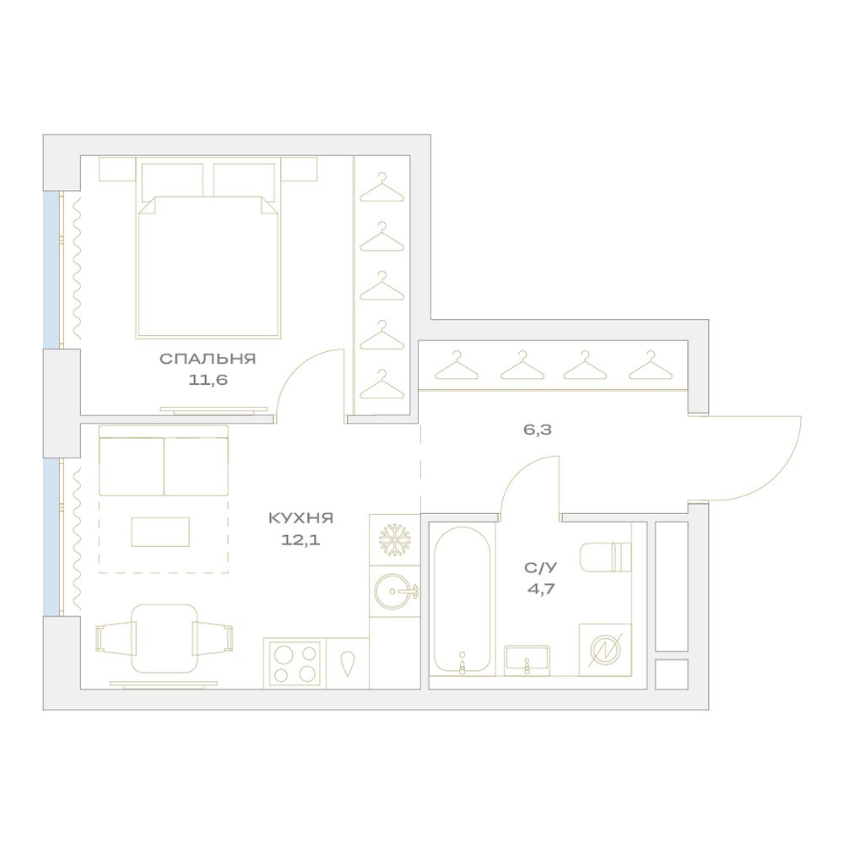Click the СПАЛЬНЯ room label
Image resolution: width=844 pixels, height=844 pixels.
tap(208, 359)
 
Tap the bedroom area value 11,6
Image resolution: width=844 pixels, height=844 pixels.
tap(208, 380)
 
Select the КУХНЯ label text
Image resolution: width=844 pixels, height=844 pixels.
tap(301, 518)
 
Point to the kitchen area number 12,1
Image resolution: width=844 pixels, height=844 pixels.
tap(300, 539)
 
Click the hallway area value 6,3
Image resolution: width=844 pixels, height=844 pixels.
tap(537, 430)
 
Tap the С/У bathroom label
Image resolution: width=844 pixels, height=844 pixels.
tap(540, 567)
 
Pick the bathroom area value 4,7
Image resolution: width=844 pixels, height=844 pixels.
tap(540, 587)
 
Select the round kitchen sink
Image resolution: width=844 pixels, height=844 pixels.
tap(394, 592)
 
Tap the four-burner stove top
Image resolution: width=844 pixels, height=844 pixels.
tap(295, 663)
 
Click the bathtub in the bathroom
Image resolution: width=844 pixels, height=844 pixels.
tap(462, 599)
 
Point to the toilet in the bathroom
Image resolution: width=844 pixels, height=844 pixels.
tap(605, 556)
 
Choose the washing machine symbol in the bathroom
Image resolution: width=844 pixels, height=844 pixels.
tap(605, 650)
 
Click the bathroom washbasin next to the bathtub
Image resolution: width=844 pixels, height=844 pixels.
tap(527, 661)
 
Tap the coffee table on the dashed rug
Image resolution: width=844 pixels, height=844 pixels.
tap(160, 532)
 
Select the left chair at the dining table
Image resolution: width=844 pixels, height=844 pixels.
tap(116, 638)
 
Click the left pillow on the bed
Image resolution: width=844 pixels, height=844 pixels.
tap(172, 181)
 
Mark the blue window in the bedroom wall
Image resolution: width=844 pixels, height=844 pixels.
tap(51, 270)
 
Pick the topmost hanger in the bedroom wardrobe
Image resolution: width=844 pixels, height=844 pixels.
tap(381, 187)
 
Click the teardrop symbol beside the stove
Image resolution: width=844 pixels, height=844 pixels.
tap(348, 663)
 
